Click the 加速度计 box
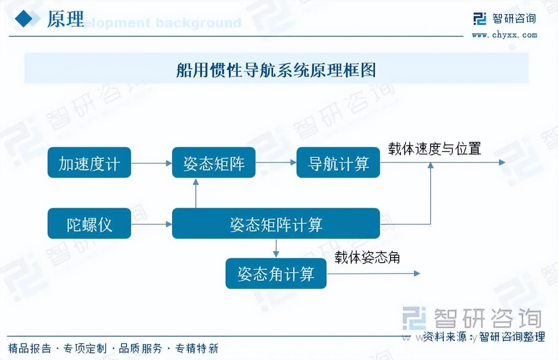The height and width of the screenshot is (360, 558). tap(89, 162)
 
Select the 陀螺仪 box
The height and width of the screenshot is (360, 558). tap(89, 224)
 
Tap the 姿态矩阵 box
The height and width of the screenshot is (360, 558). tap(213, 162)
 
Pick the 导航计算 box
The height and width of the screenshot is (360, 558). tap(338, 162)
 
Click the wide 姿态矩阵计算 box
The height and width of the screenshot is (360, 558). tap(276, 224)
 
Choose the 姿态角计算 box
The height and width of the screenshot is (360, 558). tap(276, 274)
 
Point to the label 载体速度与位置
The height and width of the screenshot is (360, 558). tap(434, 149)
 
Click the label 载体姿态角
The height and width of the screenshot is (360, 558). tap(367, 258)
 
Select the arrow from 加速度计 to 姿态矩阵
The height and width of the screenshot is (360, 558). tap(151, 163)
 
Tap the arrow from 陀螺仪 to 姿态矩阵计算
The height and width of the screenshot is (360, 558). tap(151, 224)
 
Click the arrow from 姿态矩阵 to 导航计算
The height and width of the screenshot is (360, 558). tap(276, 162)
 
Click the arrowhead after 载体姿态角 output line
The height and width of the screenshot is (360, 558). tap(416, 274)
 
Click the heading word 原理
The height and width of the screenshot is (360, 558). tap(65, 19)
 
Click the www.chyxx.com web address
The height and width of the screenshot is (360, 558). tap(505, 35)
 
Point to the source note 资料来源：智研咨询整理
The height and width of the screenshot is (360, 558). tap(484, 337)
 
